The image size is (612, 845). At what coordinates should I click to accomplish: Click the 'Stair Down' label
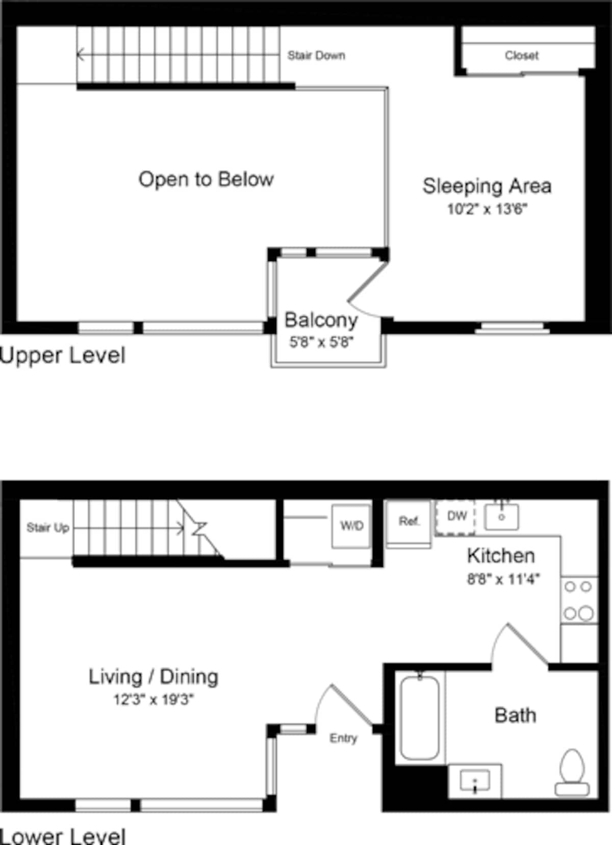[x=316, y=55]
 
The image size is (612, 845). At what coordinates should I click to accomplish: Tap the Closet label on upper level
[x=521, y=55]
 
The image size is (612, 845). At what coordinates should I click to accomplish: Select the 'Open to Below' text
[x=206, y=179]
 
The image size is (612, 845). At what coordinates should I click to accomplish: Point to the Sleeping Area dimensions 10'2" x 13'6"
[x=487, y=209]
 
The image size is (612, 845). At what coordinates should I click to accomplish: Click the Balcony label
[x=321, y=320]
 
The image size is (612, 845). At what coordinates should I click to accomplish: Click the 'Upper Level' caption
[x=62, y=355]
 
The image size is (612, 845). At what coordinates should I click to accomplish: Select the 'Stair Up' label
[x=47, y=527]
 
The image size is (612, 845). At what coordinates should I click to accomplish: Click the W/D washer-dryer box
[x=351, y=526]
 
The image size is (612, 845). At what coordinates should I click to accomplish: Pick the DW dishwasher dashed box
[x=456, y=517]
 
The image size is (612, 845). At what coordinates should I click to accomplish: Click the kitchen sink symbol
[x=502, y=516]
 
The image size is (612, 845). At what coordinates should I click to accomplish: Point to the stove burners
[x=579, y=600]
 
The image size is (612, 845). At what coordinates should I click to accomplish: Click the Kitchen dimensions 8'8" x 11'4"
[x=503, y=579]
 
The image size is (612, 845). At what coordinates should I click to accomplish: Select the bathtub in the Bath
[x=420, y=717]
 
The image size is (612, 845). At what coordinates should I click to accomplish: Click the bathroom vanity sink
[x=475, y=780]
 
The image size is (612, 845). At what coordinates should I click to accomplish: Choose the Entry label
[x=343, y=738]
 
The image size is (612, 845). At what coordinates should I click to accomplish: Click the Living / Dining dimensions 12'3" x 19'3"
[x=153, y=699]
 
